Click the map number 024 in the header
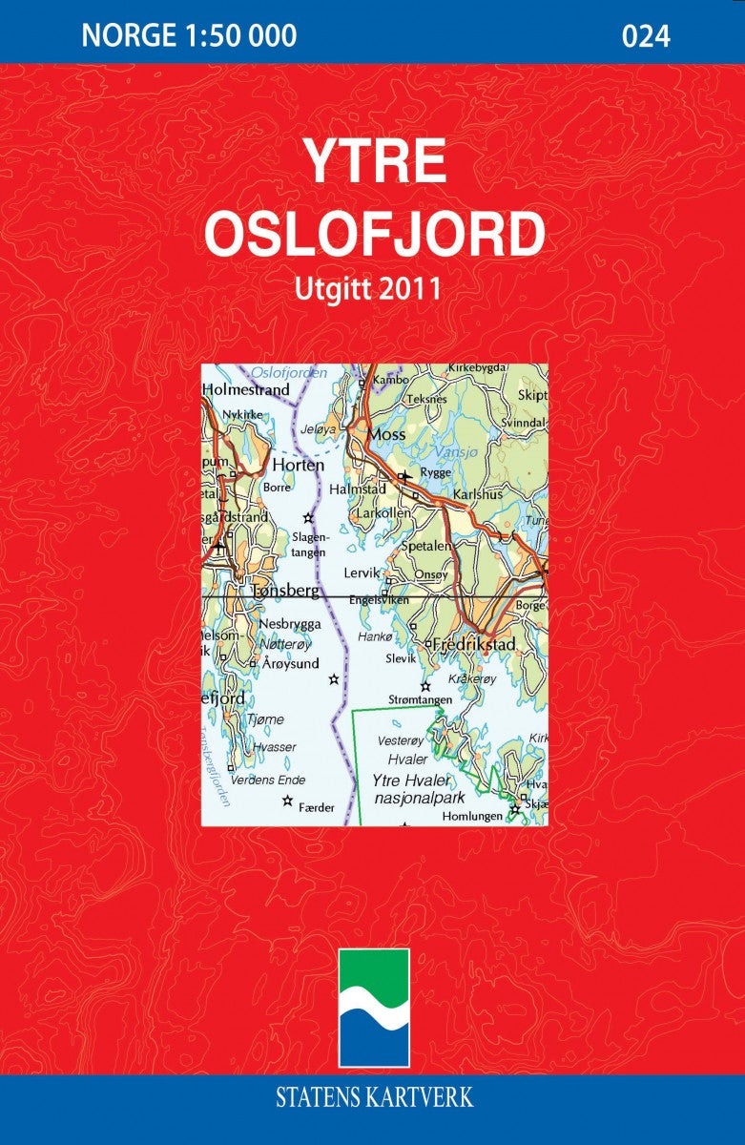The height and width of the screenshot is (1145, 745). (x=646, y=36)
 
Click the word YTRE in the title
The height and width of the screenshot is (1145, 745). (x=375, y=161)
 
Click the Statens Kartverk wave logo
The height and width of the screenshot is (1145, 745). (x=375, y=1008)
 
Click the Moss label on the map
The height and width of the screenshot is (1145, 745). (x=387, y=435)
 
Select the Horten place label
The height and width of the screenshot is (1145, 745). (x=299, y=465)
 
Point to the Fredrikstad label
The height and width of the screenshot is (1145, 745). (x=474, y=645)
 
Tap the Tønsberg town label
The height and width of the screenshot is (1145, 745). (x=284, y=591)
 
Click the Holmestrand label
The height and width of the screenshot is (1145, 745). (x=245, y=390)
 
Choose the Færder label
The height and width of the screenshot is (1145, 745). (x=317, y=807)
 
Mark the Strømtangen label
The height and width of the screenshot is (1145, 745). (x=420, y=699)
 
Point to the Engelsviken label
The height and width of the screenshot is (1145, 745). (x=382, y=600)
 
